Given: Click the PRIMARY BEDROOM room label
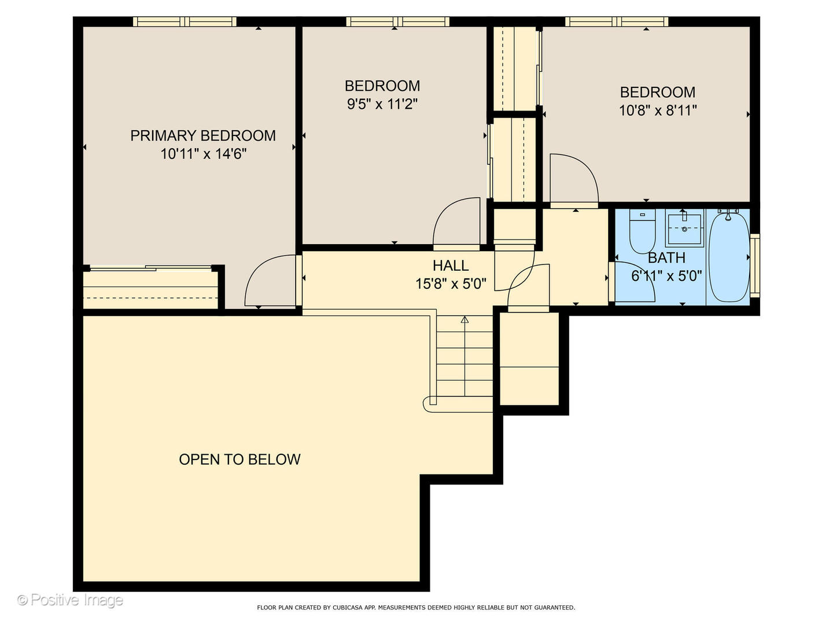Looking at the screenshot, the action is pos(203,135).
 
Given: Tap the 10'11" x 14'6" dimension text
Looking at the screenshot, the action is pos(204,154).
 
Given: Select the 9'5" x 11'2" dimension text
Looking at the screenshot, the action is pos(382,104).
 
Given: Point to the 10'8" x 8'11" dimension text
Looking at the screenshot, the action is pos(658,111).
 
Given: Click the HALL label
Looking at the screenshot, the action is pos(451,265).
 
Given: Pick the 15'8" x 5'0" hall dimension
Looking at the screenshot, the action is pos(451,284).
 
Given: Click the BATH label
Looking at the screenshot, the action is pos(666,258).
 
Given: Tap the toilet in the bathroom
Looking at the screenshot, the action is pos(642,231).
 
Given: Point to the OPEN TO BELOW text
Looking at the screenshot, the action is pos(239,459).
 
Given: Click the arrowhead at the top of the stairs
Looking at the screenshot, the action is pos(465,319).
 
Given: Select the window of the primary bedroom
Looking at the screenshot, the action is pos(185,21).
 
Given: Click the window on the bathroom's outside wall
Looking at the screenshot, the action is pos(755,265).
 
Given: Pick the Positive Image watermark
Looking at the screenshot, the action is pos(70,600).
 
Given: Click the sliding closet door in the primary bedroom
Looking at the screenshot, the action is pos(150,268).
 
